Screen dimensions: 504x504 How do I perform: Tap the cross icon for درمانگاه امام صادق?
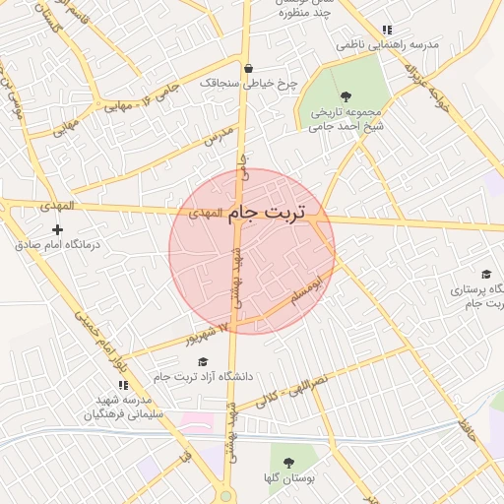[x=58, y=229]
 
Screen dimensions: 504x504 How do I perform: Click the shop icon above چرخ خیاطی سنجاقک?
[x=247, y=68]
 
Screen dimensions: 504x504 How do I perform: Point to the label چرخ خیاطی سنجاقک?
[x=241, y=83]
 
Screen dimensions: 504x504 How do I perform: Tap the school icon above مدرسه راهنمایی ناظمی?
[x=387, y=31]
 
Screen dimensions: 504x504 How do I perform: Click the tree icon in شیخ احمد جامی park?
[x=346, y=95]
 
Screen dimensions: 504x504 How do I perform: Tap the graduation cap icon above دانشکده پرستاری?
[x=486, y=275]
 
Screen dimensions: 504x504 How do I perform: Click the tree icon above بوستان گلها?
[x=288, y=461]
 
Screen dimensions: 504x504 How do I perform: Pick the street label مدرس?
[x=217, y=137]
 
